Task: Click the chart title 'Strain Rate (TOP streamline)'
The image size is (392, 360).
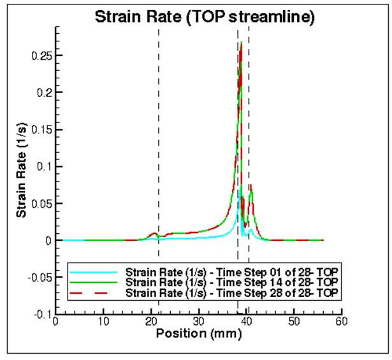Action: pyautogui.click(x=204, y=17)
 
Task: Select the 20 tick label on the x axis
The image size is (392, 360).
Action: pyautogui.click(x=151, y=322)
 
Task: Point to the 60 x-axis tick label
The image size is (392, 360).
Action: pyautogui.click(x=341, y=322)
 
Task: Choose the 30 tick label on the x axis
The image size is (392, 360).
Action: pyautogui.click(x=198, y=322)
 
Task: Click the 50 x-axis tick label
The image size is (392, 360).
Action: pyautogui.click(x=294, y=322)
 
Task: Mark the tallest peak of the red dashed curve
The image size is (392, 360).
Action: pyautogui.click(x=241, y=43)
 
